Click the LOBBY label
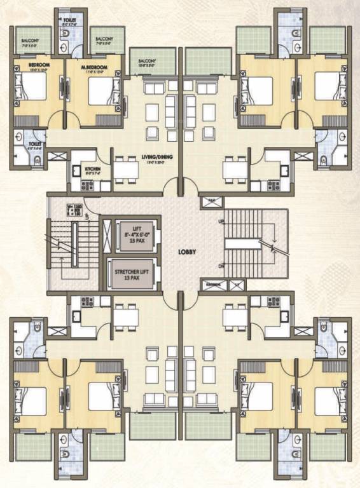coord(187,252)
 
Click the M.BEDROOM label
coord(93,67)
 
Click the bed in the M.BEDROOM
coord(100,90)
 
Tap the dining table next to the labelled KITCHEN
coord(125,169)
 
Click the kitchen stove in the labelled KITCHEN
coord(87,186)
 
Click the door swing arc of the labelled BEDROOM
coord(56,119)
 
